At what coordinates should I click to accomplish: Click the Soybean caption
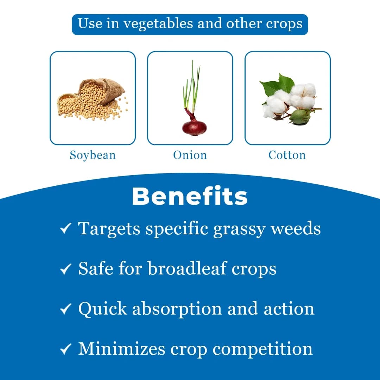93,155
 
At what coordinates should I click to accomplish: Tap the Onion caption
190,155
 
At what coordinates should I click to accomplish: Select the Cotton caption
287,155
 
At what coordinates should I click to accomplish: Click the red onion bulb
194,127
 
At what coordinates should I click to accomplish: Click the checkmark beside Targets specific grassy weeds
66,228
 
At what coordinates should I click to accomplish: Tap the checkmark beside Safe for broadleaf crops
66,269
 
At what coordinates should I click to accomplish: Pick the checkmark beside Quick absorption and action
66,309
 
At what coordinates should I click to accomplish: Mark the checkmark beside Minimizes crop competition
66,349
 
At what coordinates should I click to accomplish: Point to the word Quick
102,309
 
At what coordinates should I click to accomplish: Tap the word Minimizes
122,349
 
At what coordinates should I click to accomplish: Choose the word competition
262,349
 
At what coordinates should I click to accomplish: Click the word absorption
177,309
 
